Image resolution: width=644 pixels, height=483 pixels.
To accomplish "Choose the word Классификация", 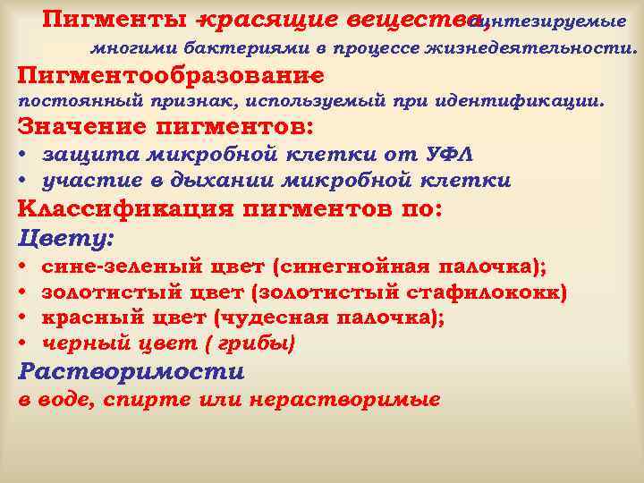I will pos(123,210).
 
